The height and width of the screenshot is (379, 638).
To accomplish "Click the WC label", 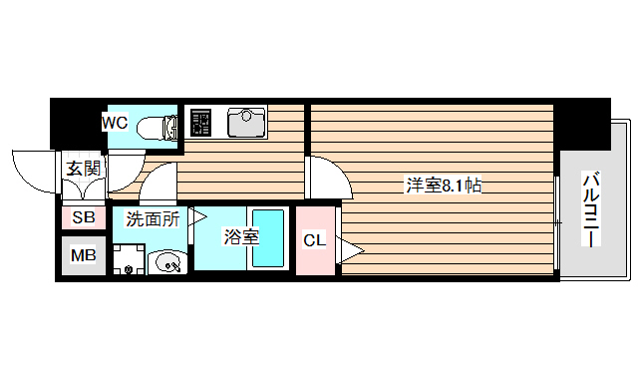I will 115,123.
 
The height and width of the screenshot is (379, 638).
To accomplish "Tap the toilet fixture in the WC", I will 157,126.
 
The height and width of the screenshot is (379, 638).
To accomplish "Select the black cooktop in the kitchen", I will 200,122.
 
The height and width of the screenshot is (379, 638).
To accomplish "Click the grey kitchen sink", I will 244,122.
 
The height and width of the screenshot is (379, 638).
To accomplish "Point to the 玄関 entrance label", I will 84,169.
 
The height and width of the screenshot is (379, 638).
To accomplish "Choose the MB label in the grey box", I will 84,255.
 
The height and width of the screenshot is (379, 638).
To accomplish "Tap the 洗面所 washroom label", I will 152,218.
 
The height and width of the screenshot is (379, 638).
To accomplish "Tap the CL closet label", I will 314,240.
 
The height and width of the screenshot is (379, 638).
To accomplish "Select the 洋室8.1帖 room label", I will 445,185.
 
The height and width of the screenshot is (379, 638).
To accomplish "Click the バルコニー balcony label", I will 590,211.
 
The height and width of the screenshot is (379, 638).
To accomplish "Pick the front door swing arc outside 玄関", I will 32,172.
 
